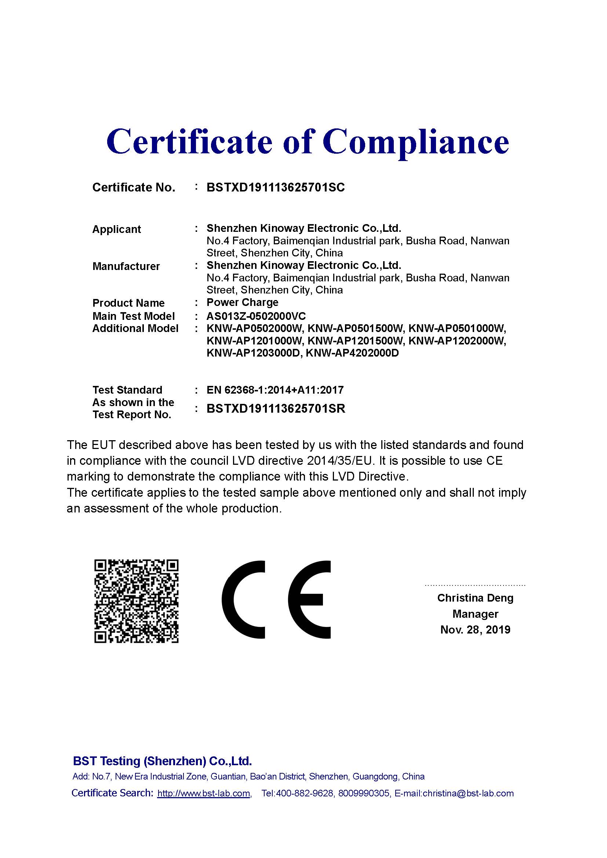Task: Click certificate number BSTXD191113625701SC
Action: [x=276, y=187]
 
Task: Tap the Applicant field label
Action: [x=117, y=229]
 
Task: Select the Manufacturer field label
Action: [x=126, y=266]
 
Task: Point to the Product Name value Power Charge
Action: [x=242, y=302]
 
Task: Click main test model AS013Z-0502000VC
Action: [x=256, y=316]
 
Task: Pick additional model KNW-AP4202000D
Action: [x=352, y=353]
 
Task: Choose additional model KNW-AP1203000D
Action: [x=254, y=353]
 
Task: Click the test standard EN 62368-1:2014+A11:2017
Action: [x=275, y=390]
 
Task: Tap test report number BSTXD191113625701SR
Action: [x=276, y=408]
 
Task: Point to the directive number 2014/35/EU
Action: [x=341, y=461]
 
